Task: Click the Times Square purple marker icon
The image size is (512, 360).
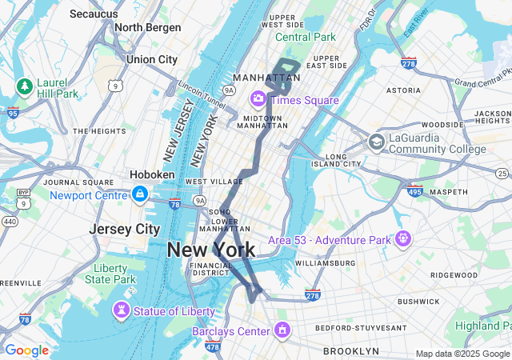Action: (x=258, y=100)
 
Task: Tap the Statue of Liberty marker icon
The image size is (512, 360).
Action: (x=122, y=310)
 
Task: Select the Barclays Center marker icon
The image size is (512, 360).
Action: (x=282, y=330)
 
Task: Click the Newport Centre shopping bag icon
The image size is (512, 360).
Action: (x=140, y=194)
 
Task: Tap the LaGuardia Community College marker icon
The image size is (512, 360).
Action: (x=376, y=142)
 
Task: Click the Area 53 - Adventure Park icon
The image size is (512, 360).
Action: (x=402, y=238)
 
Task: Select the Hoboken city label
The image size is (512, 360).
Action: (x=153, y=174)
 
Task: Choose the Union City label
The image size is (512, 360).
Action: (x=152, y=59)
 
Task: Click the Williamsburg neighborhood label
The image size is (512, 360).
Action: (x=324, y=262)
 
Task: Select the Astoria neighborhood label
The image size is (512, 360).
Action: (x=402, y=91)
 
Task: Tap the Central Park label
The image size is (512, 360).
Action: (x=306, y=37)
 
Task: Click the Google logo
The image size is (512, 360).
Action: (x=26, y=350)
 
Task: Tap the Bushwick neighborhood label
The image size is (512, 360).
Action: (x=418, y=302)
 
